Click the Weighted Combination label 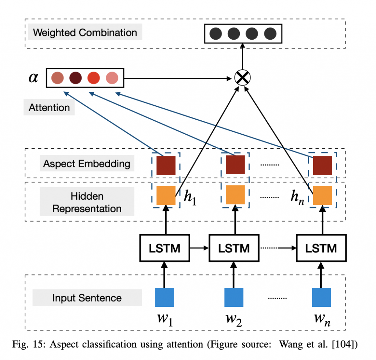[x=85, y=32]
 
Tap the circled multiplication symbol [x=242, y=78]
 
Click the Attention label [x=49, y=108]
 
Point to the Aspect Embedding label [x=87, y=163]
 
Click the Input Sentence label [x=87, y=297]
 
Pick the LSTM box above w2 [x=234, y=248]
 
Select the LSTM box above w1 [x=164, y=248]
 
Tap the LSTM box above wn [x=321, y=248]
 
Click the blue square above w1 [x=164, y=297]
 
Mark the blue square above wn [x=321, y=297]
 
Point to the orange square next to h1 [x=166, y=196]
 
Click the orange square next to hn [x=322, y=196]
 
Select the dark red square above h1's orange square [x=166, y=165]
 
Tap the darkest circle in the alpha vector [x=76, y=78]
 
